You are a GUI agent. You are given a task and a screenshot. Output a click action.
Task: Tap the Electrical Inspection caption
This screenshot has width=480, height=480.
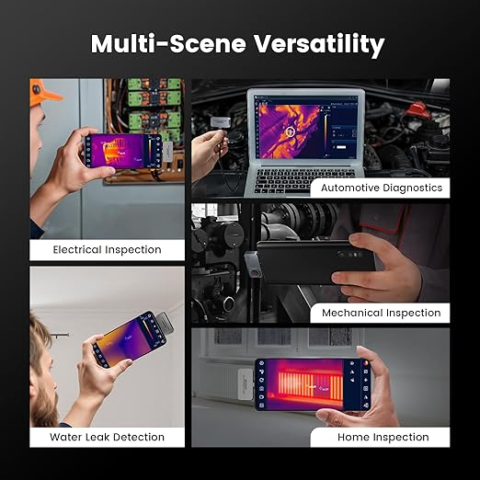[x=108, y=249]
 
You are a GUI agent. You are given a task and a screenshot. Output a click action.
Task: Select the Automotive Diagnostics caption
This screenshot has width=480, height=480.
[x=382, y=188]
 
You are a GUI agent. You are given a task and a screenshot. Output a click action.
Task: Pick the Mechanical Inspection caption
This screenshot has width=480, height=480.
[x=382, y=313]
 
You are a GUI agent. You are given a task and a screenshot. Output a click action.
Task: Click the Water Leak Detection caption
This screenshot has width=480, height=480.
[x=108, y=437]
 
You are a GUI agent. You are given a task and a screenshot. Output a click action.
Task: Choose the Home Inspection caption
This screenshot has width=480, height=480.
[x=383, y=437]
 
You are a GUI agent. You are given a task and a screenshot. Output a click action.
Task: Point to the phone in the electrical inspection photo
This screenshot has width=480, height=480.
[x=125, y=151]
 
